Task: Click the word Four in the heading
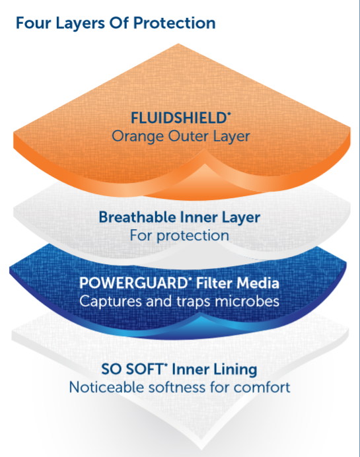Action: (33, 22)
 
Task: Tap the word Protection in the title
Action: (174, 22)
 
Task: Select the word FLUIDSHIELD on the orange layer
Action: (179, 118)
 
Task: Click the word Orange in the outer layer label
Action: (137, 137)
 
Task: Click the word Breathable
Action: (137, 217)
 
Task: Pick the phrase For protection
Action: (179, 236)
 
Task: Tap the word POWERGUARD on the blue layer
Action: (134, 283)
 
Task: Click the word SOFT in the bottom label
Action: (145, 369)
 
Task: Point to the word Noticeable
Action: (106, 388)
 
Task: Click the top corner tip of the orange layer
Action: (178, 44)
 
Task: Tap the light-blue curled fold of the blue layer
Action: (200, 324)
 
